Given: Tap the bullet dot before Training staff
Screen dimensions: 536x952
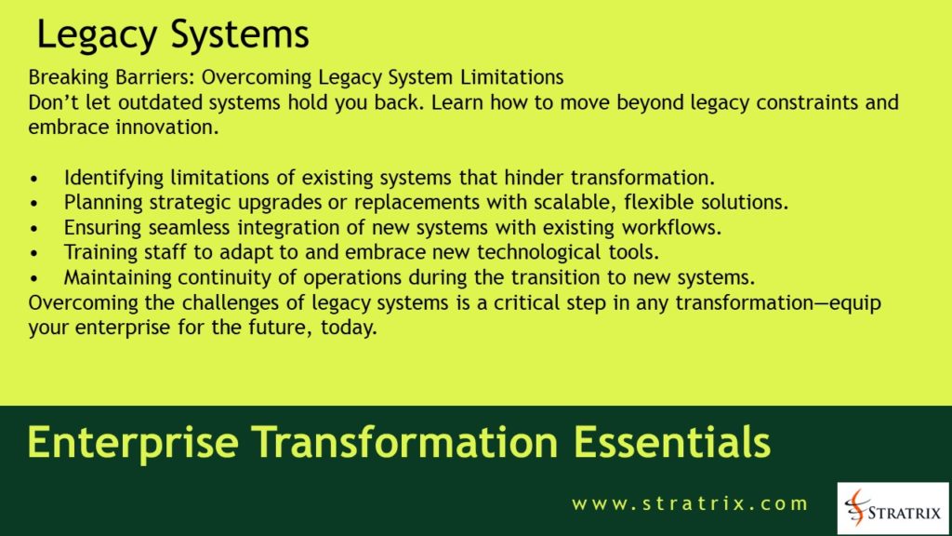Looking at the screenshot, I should (x=35, y=252).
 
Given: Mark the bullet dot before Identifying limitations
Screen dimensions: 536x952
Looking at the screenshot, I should (x=35, y=177).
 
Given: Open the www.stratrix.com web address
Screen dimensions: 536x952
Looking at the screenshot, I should (x=690, y=504).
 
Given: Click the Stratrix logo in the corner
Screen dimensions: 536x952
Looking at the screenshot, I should (x=892, y=507).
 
